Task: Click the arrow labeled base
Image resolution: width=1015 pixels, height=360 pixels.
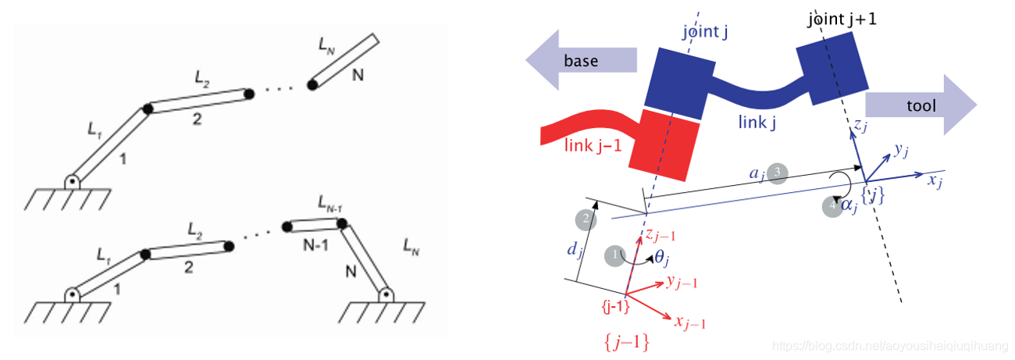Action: pos(582,61)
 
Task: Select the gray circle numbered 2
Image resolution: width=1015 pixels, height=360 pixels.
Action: pos(581,219)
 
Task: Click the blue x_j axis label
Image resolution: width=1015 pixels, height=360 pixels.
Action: pos(935,180)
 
